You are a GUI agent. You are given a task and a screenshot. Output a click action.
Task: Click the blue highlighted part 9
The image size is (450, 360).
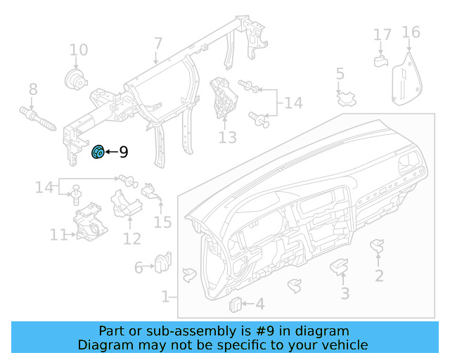pyautogui.click(x=98, y=150)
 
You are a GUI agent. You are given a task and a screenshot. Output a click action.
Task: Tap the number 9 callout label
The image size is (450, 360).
pyautogui.click(x=123, y=151)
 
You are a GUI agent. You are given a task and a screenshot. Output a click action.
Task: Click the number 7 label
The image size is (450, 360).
pyautogui.click(x=157, y=44)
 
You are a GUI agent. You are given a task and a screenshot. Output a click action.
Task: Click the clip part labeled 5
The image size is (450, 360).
pyautogui.click(x=346, y=98)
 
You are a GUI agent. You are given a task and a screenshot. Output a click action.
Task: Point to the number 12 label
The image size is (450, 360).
pyautogui.click(x=131, y=238)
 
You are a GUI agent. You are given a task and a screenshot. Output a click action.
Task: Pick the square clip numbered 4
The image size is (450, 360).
pyautogui.click(x=236, y=303)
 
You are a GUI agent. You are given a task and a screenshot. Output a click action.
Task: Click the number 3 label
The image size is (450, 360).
pyautogui.click(x=345, y=293)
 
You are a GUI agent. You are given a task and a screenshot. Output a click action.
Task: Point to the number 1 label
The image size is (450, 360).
pyautogui.click(x=165, y=297)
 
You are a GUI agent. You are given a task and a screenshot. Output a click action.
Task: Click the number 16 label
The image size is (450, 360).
pyautogui.click(x=411, y=32)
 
